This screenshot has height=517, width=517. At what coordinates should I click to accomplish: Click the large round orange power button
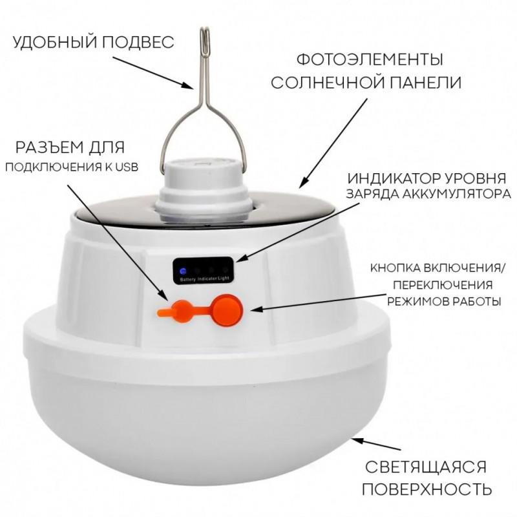click(x=227, y=310)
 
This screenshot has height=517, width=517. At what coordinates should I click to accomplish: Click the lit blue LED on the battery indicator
click(x=183, y=271)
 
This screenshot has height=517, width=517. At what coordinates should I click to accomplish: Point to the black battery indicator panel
click(x=202, y=270)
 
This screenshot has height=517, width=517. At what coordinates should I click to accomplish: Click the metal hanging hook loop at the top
click(x=204, y=41)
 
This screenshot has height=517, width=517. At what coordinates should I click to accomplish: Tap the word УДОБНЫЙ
click(x=55, y=43)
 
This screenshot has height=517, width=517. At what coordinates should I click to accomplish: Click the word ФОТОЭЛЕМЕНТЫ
click(x=369, y=59)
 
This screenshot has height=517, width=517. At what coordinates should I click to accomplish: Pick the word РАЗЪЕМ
click(x=50, y=147)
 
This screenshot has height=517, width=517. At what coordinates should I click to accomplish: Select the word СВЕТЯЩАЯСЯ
click(x=426, y=467)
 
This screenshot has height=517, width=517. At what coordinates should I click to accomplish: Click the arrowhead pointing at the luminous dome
click(x=358, y=441)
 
